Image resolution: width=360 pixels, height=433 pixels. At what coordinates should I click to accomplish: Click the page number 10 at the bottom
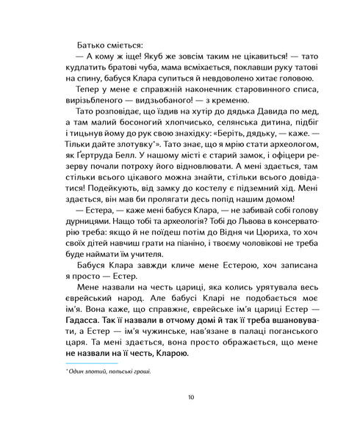coord(191,398)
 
